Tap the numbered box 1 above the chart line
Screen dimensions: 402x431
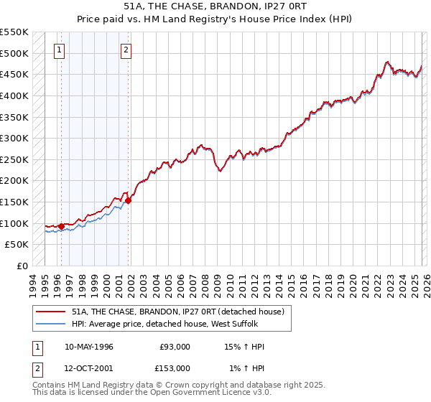click(58, 50)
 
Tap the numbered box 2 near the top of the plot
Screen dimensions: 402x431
click(126, 50)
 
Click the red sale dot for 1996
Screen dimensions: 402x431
click(61, 226)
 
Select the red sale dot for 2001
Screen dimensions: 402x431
click(129, 201)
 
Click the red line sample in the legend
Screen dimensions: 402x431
click(50, 312)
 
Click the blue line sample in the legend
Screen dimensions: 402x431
click(50, 323)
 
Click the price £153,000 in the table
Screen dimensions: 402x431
click(175, 368)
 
